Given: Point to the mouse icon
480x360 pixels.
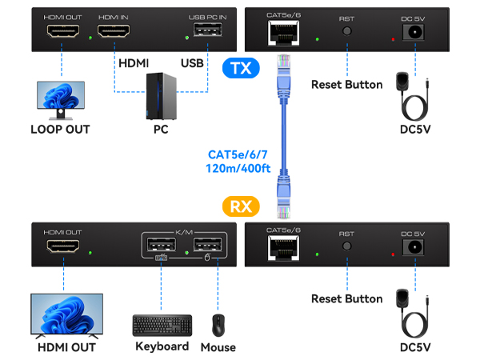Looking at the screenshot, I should point(218,326).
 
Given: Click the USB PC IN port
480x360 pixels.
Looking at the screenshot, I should point(205,34).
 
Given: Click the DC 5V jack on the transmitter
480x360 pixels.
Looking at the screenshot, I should point(415,33).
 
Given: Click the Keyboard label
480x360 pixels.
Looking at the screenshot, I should point(162,346).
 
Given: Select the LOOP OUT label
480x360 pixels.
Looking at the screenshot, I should point(60,129).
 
